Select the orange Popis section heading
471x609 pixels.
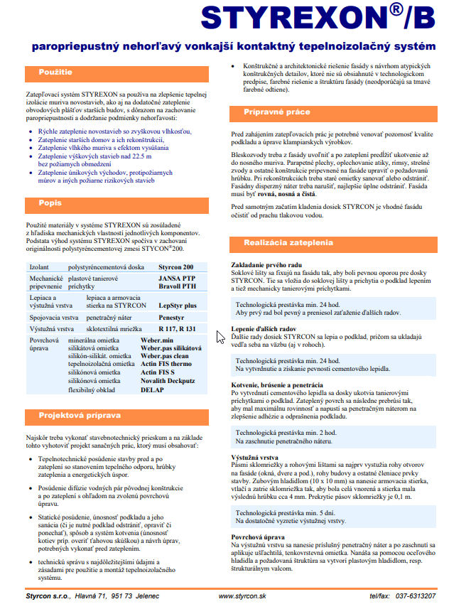tap(50, 203)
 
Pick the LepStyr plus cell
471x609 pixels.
tap(179, 303)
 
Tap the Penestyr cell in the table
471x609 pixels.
tap(172, 316)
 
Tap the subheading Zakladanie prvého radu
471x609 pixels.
tap(267, 264)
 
